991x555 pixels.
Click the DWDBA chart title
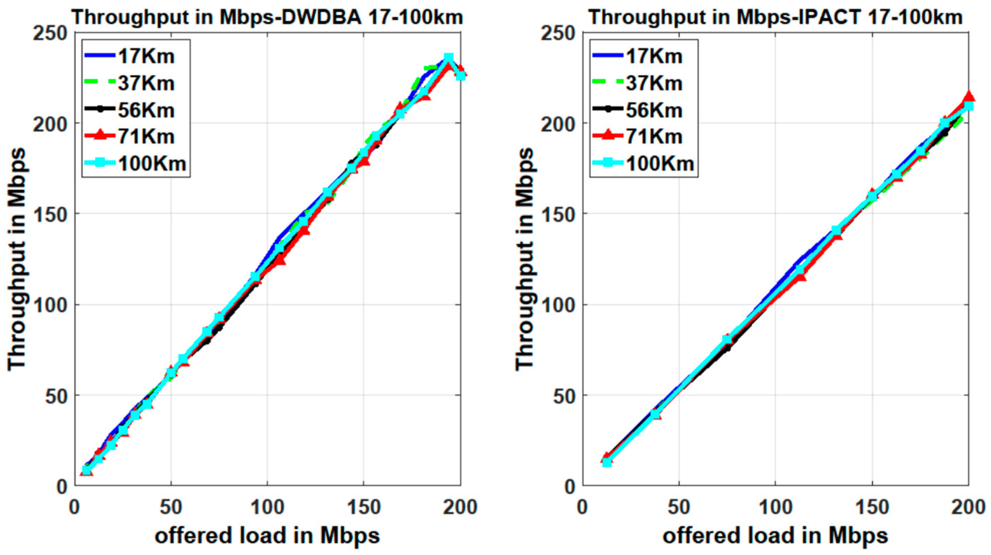point(268,17)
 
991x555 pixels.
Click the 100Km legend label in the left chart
point(152,164)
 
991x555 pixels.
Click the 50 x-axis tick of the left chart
point(171,508)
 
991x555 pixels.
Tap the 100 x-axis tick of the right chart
point(775,508)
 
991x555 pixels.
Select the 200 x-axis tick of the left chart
point(460,508)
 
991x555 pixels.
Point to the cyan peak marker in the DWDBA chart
point(448,58)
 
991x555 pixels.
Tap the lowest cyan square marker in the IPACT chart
point(607,462)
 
